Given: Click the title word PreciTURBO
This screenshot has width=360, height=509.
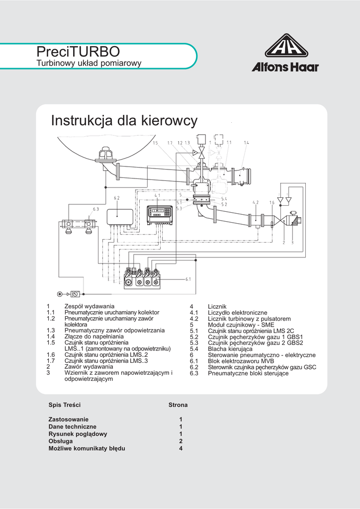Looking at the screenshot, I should click(x=78, y=51).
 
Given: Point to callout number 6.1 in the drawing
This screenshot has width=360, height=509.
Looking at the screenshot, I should click(x=188, y=279).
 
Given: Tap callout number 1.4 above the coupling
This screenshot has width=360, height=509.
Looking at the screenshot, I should click(x=246, y=143).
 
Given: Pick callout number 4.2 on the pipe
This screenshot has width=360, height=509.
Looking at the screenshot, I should click(x=256, y=202).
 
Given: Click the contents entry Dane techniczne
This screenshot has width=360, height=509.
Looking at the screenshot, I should click(x=73, y=427).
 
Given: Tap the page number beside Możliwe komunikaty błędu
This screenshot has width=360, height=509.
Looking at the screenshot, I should click(x=181, y=448).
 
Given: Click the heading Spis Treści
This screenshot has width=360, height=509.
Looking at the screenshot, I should click(x=65, y=405).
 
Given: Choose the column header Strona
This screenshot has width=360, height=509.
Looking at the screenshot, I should click(x=178, y=405).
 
